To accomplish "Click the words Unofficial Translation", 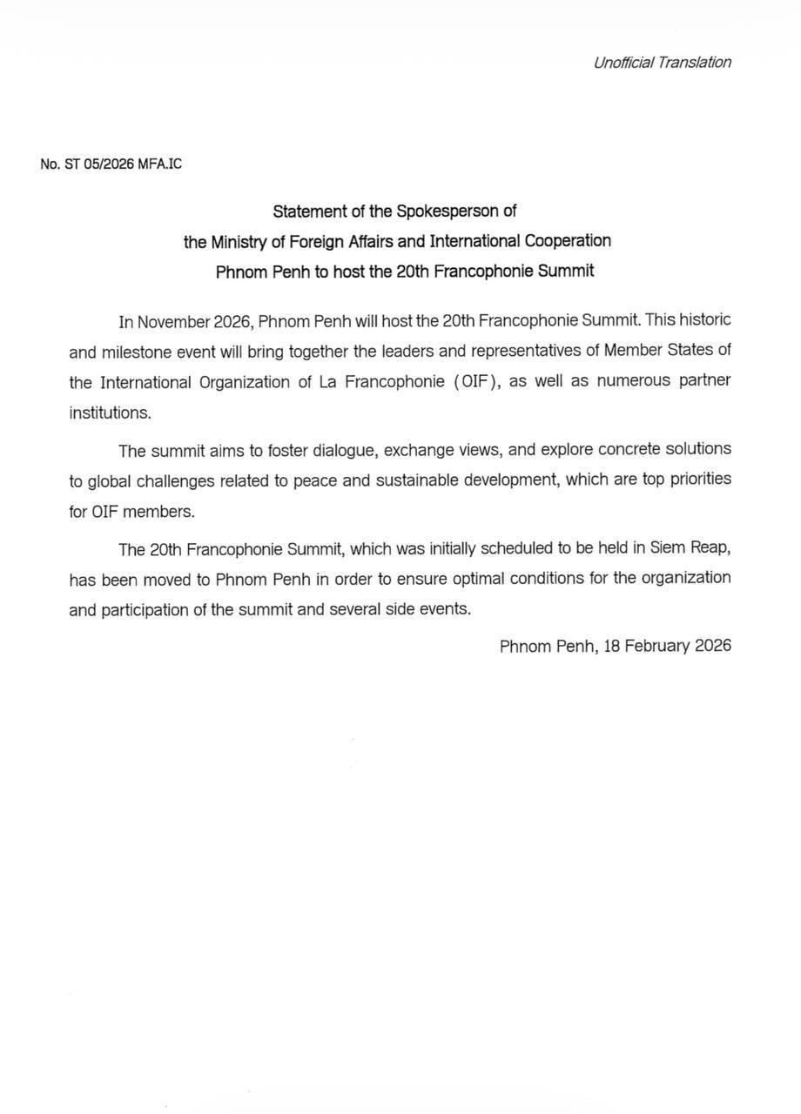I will click(662, 62).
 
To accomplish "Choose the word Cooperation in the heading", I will click(565, 241).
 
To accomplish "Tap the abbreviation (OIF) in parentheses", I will click(475, 382).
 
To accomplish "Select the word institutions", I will click(110, 413).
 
